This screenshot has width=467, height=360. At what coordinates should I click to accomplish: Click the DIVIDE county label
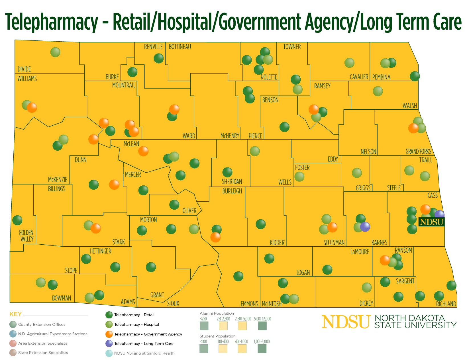[x=24, y=69]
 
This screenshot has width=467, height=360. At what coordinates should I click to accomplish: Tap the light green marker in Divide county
[x=55, y=52]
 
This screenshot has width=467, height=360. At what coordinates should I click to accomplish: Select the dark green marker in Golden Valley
[x=17, y=220]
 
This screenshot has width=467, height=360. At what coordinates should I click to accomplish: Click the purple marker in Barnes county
[x=365, y=227]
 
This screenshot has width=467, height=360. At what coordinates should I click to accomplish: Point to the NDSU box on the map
[x=431, y=222]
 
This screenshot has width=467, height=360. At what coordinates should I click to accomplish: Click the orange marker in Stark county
[x=96, y=228]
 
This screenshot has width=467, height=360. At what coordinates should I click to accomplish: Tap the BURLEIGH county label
[x=232, y=191]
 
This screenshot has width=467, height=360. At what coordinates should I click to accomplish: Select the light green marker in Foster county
[x=299, y=177]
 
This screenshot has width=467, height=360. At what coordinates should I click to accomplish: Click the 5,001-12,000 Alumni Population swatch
[x=262, y=326]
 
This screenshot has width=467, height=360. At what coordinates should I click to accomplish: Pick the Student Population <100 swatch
[x=204, y=348]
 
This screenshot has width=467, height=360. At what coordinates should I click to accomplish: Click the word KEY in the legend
[x=16, y=314]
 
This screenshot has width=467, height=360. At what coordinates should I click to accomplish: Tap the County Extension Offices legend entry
[x=42, y=324]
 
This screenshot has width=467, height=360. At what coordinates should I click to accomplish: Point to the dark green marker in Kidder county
[x=260, y=224]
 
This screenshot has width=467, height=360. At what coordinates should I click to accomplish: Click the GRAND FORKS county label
[x=418, y=152]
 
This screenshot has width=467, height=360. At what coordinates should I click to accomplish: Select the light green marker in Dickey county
[x=367, y=287]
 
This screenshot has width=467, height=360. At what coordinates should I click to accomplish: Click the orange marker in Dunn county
[x=114, y=185]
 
